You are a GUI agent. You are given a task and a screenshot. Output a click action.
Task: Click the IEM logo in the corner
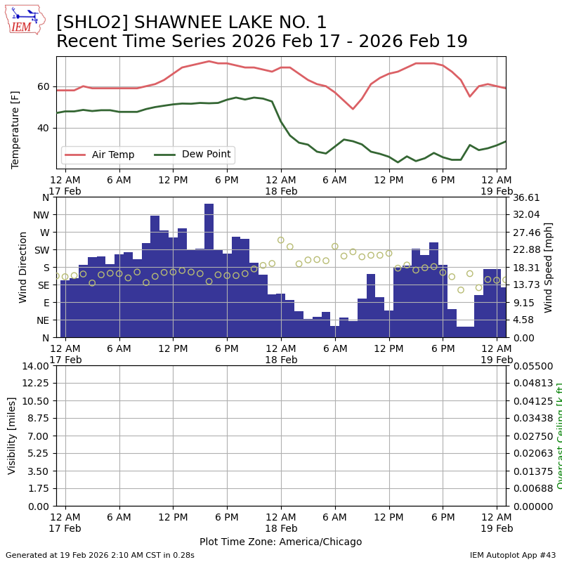[x=25, y=20]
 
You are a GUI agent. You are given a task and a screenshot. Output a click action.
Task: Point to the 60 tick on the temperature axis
[x=44, y=86]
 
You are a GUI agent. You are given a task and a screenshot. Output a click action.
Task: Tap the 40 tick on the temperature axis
[x=44, y=128]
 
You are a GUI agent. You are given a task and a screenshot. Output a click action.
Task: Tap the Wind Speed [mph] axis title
[x=549, y=267]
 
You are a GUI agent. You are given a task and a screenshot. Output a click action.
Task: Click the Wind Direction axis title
[x=23, y=267]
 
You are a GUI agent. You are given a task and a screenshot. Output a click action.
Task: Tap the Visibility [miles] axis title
[x=12, y=436]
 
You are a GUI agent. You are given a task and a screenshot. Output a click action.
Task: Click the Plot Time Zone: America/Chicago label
[x=280, y=542]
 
